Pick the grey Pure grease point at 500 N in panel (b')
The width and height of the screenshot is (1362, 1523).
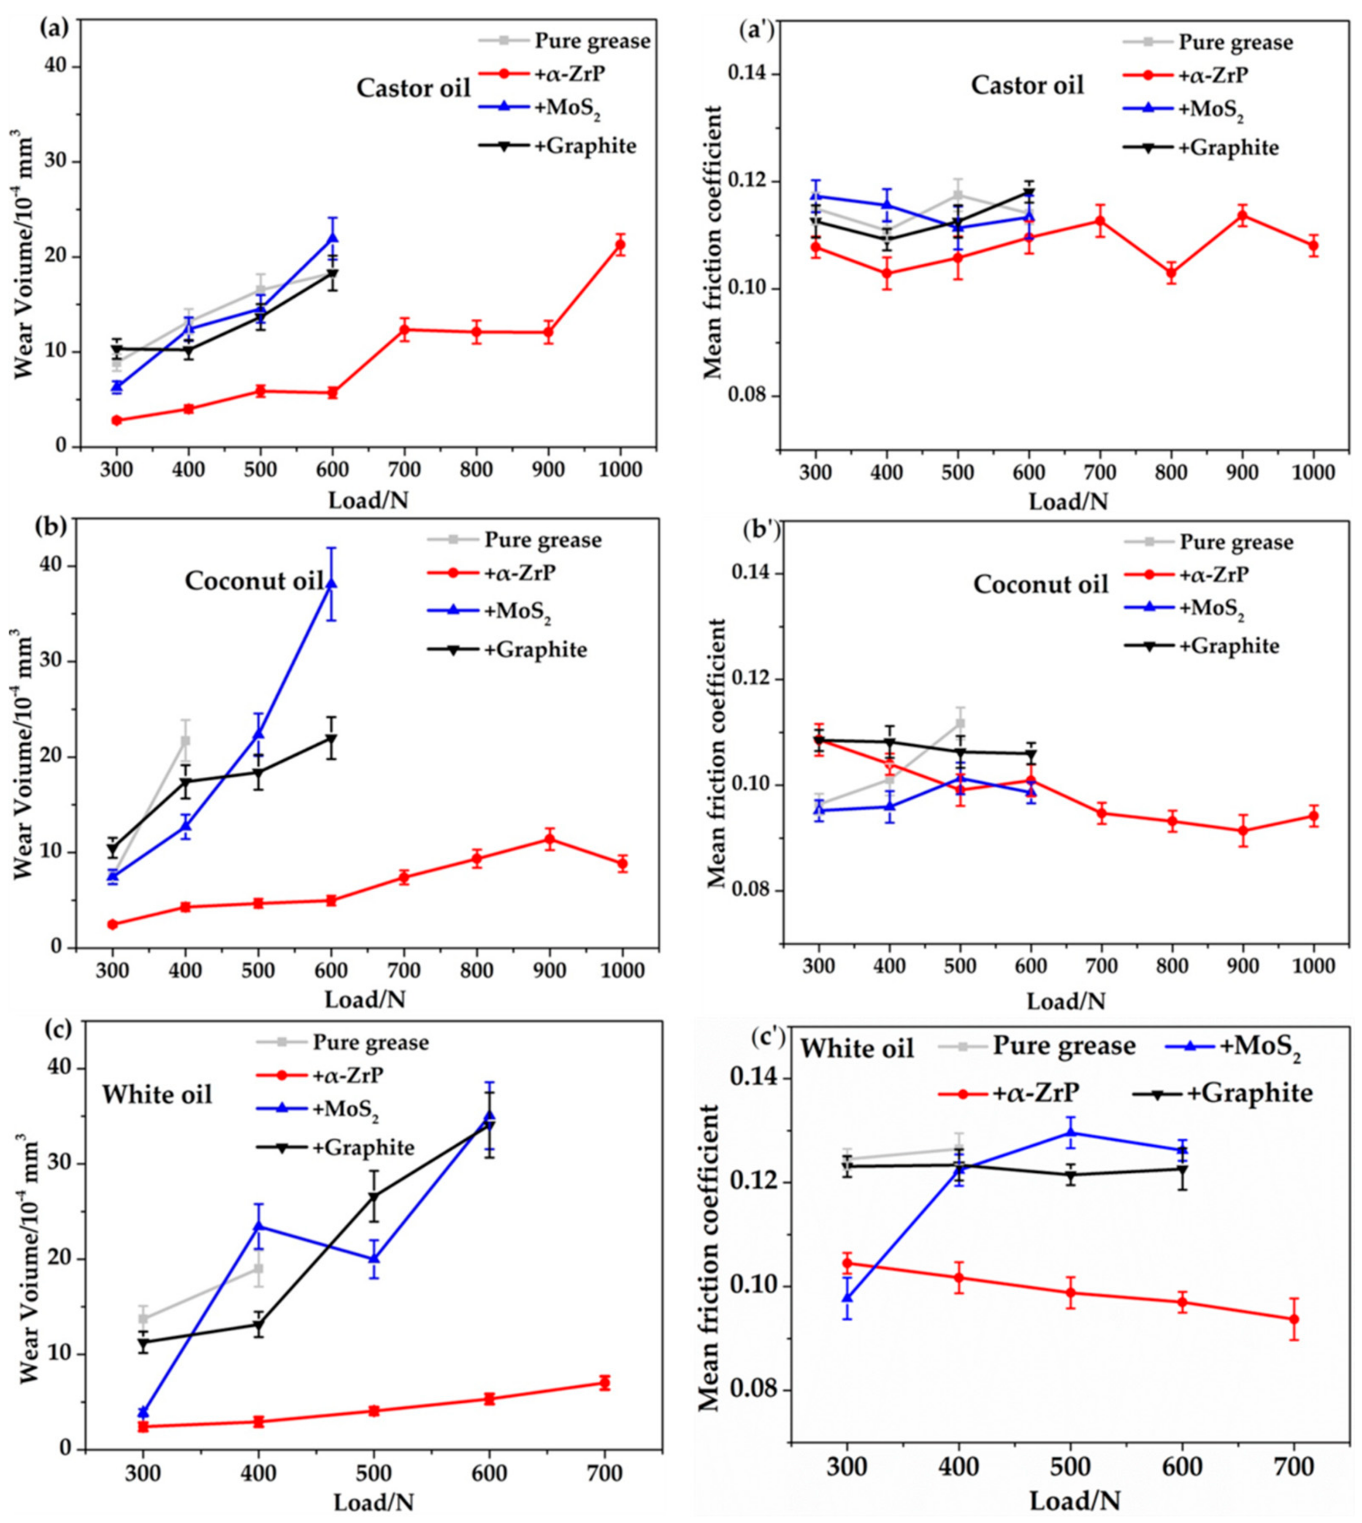coord(960,723)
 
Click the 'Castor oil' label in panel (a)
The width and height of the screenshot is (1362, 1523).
coord(413,88)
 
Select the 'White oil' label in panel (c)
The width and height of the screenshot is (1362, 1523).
coord(157,1095)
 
